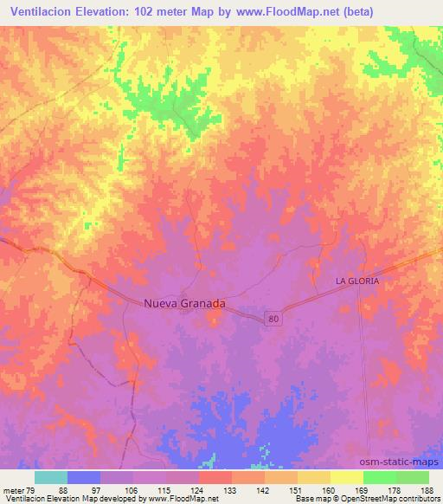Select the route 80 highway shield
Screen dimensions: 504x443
(x=273, y=319)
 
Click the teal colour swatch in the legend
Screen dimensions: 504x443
(x=51, y=477)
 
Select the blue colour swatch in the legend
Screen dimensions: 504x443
(x=84, y=477)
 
